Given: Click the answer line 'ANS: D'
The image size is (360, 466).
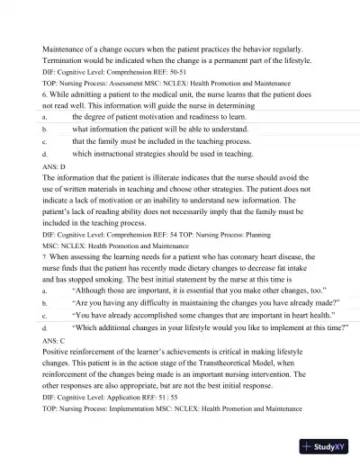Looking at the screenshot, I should pos(55,166).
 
